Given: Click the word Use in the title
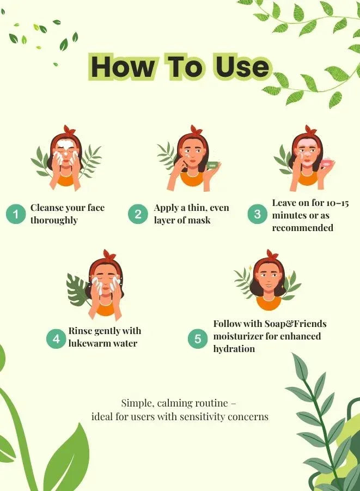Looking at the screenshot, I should pyautogui.click(x=241, y=66).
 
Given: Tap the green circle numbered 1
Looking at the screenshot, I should pyautogui.click(x=15, y=214).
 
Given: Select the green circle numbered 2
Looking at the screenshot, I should pyautogui.click(x=138, y=214).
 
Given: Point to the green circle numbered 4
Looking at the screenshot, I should pyautogui.click(x=56, y=339).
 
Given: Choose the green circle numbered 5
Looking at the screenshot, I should pyautogui.click(x=198, y=339).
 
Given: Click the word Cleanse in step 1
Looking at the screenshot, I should pyautogui.click(x=47, y=208).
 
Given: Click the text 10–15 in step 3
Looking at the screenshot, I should pyautogui.click(x=338, y=203).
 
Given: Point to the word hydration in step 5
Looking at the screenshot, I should pyautogui.click(x=234, y=349).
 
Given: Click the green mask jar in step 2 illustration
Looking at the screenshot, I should pyautogui.click(x=212, y=164).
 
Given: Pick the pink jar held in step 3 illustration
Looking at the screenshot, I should pyautogui.click(x=327, y=163).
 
